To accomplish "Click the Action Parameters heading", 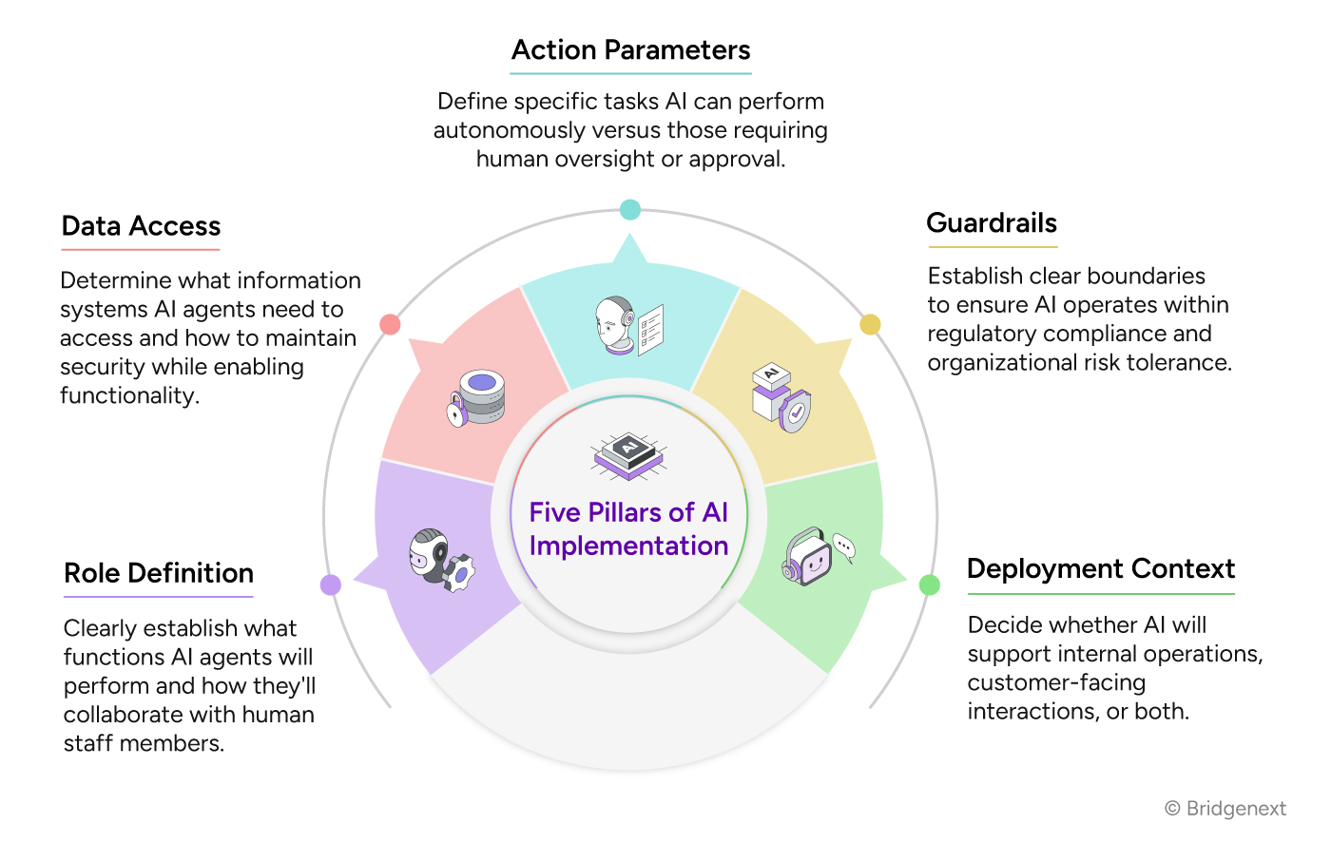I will click(630, 50).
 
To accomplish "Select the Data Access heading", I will click(141, 226).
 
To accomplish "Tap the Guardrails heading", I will click(992, 223).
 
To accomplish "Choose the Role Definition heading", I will click(159, 573).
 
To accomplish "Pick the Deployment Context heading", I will click(1100, 569).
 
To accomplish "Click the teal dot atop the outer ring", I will click(629, 210).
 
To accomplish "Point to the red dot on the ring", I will click(390, 324).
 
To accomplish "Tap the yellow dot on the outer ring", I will click(870, 325).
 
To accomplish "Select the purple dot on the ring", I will click(331, 584).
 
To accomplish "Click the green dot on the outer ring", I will click(930, 584).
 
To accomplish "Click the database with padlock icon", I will click(477, 397).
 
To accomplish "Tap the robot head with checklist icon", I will click(628, 326).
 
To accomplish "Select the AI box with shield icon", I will click(781, 397).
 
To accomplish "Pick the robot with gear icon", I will click(441, 560).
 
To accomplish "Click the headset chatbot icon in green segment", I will click(817, 556).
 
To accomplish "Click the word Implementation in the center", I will click(628, 546).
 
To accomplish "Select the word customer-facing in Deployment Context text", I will click(1056, 682).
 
